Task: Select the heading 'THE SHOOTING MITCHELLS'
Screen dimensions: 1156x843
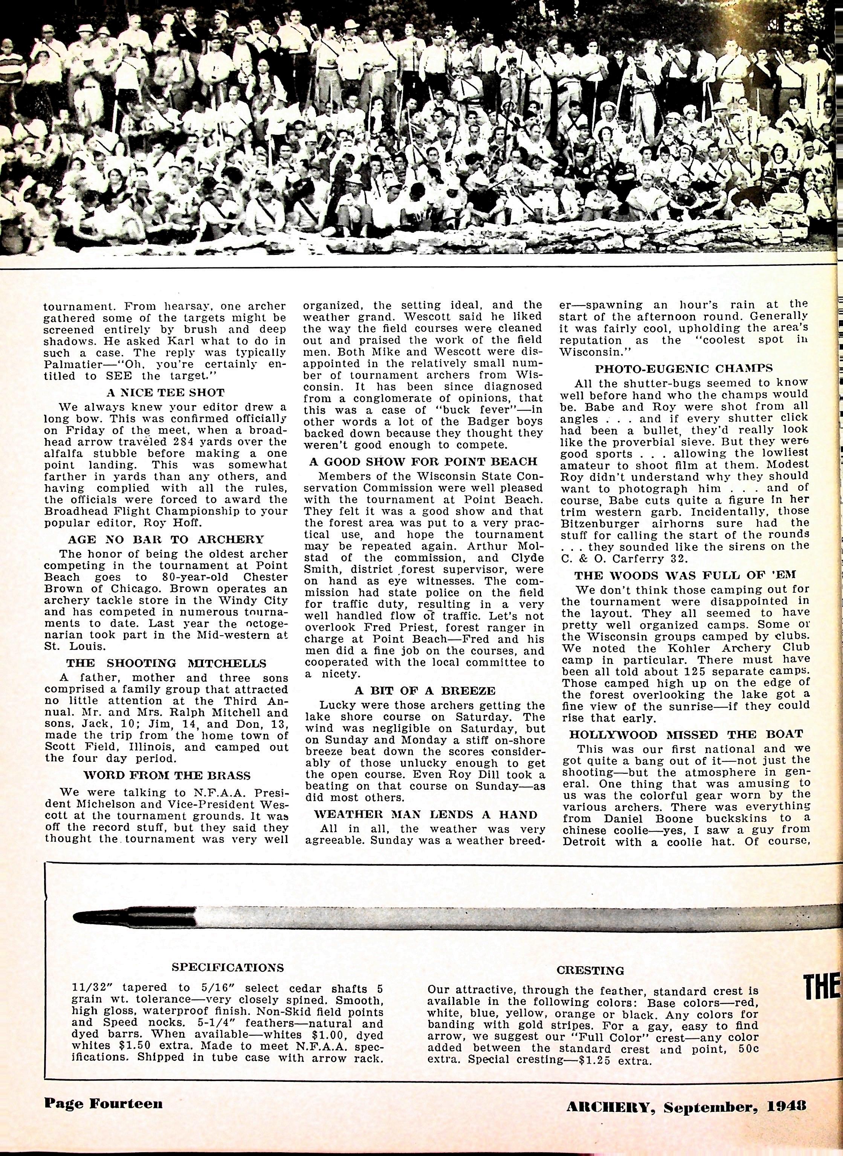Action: coord(166,663)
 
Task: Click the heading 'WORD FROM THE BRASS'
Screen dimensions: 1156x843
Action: coord(166,775)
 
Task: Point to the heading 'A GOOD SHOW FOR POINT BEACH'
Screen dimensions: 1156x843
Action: coord(423,462)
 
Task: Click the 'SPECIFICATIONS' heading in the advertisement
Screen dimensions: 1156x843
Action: coord(228,967)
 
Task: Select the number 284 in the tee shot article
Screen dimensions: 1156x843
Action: coord(156,441)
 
